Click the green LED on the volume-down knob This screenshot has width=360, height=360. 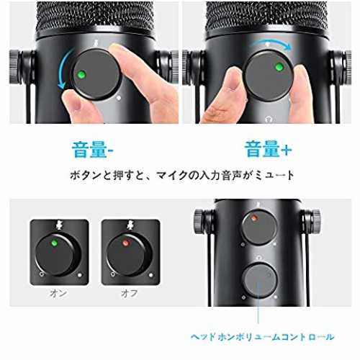(x=81, y=75)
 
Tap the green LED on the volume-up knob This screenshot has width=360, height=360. (x=279, y=67)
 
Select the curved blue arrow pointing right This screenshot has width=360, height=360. (x=270, y=45)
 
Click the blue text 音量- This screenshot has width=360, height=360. (x=93, y=150)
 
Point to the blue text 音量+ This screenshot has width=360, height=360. (x=268, y=149)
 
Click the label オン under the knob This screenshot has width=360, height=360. (x=58, y=293)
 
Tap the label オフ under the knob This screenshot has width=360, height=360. (x=130, y=293)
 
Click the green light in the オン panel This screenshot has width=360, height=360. (x=55, y=243)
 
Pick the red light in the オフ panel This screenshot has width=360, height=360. (x=125, y=243)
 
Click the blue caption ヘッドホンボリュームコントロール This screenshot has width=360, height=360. (x=262, y=337)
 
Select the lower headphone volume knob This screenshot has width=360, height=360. (x=259, y=280)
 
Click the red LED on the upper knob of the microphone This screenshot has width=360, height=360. (x=254, y=218)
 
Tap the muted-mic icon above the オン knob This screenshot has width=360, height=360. (x=59, y=225)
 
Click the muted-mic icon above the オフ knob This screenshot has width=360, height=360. (x=130, y=225)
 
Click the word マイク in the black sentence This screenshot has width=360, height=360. (x=171, y=176)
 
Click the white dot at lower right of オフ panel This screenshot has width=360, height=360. (x=151, y=275)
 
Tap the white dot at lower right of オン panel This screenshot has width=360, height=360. (x=80, y=275)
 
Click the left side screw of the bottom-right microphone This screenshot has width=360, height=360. (x=201, y=222)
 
